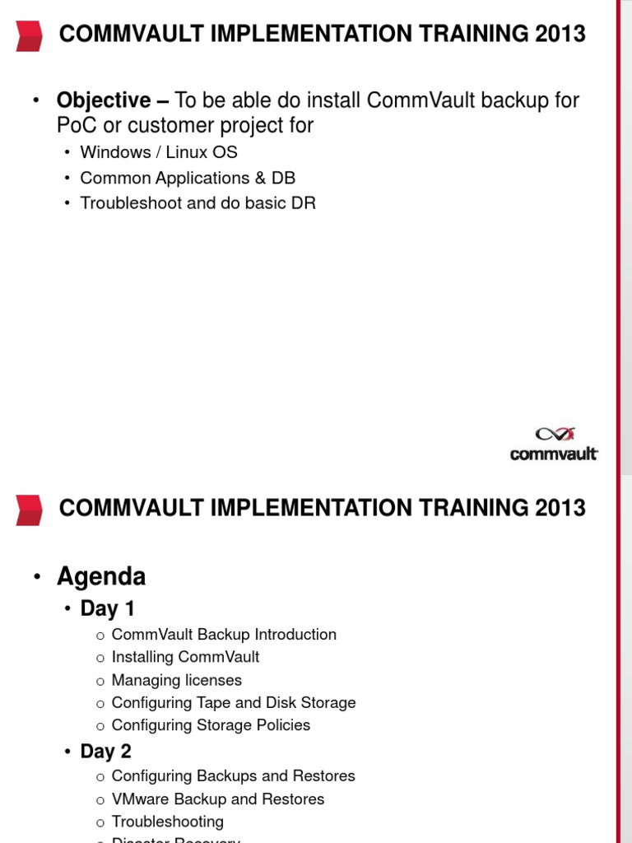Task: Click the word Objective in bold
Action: [104, 100]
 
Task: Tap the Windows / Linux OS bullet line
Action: [158, 153]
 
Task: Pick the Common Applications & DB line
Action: [187, 178]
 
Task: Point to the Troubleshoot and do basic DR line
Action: [197, 203]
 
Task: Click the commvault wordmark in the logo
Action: [554, 454]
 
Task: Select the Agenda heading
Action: [100, 576]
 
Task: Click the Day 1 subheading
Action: [107, 609]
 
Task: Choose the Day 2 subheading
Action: [105, 752]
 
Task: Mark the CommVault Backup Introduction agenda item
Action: [223, 635]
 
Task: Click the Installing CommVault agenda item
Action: [185, 657]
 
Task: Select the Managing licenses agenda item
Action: [176, 680]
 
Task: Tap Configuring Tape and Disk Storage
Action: [233, 703]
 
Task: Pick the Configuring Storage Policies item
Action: [211, 725]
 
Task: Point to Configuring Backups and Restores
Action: [233, 776]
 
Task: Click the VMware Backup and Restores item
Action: [217, 799]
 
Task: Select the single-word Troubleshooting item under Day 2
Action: [167, 822]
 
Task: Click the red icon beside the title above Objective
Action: [29, 35]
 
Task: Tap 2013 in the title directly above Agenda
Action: [560, 508]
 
